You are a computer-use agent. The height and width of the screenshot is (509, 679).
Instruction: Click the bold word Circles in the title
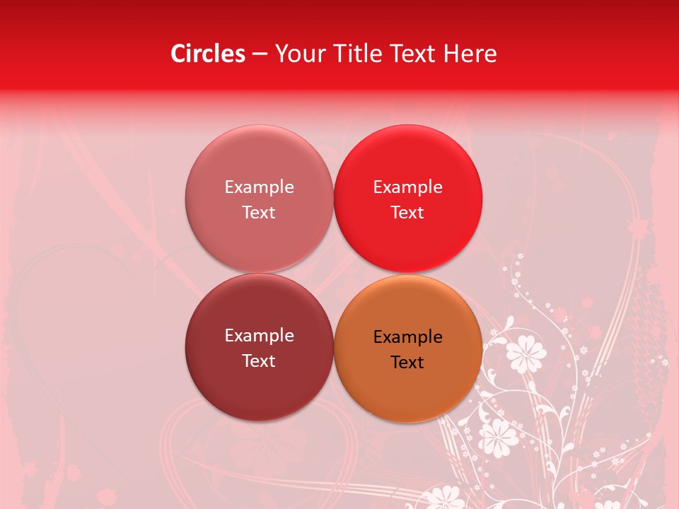click(207, 54)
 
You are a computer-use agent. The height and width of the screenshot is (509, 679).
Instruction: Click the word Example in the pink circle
click(259, 187)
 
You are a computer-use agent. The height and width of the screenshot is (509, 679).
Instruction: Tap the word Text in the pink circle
click(259, 213)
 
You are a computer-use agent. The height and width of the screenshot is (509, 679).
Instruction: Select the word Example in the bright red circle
click(407, 187)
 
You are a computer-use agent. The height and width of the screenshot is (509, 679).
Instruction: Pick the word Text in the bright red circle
click(407, 213)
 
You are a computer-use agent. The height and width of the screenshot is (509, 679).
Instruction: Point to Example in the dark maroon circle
click(259, 336)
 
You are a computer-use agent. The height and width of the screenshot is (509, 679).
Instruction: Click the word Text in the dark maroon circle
click(259, 361)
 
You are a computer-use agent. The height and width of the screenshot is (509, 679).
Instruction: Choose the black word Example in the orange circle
click(407, 337)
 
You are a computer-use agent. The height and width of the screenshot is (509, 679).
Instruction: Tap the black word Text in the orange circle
click(407, 363)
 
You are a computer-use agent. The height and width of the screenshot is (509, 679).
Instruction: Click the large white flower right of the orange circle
click(526, 351)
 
